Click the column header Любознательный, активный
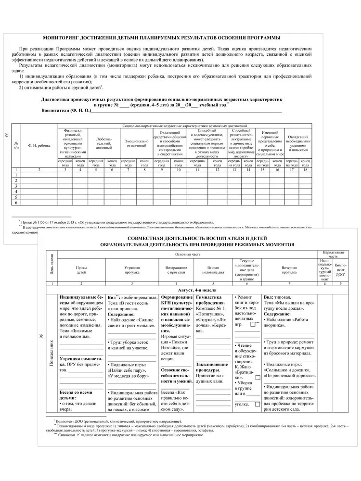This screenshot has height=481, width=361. [x=104, y=142]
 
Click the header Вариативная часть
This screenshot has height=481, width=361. [x=332, y=254]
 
